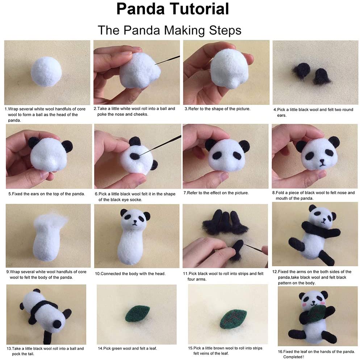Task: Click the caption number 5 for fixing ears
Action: pyautogui.click(x=10, y=194)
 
